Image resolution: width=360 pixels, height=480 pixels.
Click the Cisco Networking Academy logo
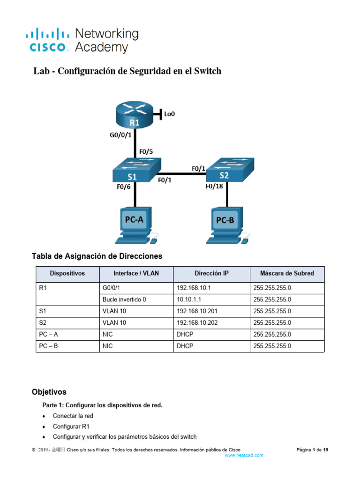82,40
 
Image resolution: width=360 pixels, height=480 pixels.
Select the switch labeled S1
136,170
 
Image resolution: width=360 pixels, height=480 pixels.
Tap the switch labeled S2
232,170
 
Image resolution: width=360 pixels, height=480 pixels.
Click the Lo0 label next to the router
170,113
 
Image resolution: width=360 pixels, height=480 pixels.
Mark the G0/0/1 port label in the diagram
117,136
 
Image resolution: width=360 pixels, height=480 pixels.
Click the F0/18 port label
215,186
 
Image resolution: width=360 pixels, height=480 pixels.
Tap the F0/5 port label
146,151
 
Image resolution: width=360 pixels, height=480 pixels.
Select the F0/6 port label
123,186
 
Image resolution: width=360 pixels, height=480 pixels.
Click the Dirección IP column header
211,273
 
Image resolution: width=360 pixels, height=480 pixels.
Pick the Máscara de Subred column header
287,273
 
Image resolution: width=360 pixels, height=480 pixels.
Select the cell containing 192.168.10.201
197,311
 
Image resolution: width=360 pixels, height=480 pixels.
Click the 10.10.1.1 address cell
189,300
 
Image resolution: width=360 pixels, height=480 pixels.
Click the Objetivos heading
49,391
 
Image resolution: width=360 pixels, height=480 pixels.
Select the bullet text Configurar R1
71,427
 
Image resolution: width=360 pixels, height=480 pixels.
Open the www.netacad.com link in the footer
244,455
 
